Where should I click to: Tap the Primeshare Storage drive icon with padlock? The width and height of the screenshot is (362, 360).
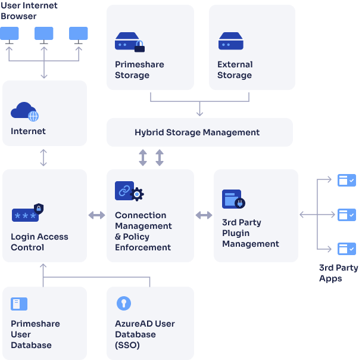coord(129,42)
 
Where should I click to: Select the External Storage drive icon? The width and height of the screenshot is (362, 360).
coord(231,41)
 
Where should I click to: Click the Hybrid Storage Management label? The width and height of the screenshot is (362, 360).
coord(197,132)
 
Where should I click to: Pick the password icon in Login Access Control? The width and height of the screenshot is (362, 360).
coord(27,213)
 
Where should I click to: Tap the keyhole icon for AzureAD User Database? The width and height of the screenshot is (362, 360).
coord(124,303)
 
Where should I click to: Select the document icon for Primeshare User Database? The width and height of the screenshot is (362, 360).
coord(19,304)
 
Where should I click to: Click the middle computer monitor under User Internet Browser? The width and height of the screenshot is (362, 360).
coord(44,34)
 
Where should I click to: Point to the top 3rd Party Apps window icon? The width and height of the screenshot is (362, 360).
coord(347,179)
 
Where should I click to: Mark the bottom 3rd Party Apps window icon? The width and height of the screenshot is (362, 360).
coord(347,249)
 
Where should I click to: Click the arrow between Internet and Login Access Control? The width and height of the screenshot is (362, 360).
coord(43,157)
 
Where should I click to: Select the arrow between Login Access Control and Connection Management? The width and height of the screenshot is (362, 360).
coord(96,215)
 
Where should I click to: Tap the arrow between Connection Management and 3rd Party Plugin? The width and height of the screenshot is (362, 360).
coord(204,215)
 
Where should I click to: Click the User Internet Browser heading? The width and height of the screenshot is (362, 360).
coord(29,11)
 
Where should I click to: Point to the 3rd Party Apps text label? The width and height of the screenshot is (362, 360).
coord(338,273)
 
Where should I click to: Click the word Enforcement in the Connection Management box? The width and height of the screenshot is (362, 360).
coord(143,247)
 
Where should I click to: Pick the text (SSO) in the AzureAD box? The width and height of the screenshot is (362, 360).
coord(127,345)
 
